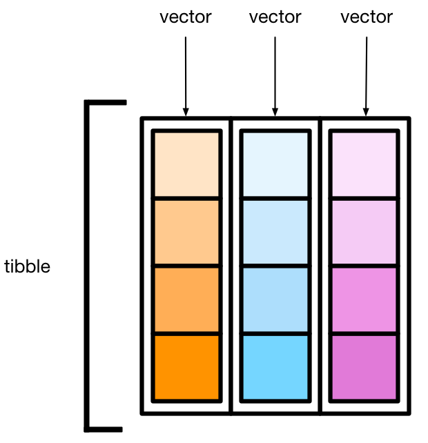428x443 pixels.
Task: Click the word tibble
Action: [x=27, y=266]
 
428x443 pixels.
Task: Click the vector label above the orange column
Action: [x=185, y=17]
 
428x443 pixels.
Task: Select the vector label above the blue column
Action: [x=275, y=17]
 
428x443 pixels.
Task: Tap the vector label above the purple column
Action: [x=366, y=17]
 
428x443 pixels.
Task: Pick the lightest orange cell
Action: [x=186, y=164]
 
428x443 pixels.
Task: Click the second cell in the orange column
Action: [x=186, y=232]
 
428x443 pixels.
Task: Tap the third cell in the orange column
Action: [x=186, y=299]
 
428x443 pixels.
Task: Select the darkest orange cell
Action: [x=186, y=366]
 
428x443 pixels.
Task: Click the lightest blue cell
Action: [x=275, y=164]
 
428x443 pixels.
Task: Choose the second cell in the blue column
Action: [x=275, y=232]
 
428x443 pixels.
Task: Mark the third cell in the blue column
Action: [x=275, y=299]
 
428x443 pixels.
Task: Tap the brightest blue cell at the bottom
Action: [x=275, y=366]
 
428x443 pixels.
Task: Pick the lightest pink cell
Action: [x=364, y=164]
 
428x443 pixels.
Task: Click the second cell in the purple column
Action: [x=364, y=232]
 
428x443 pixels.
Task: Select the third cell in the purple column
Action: [x=364, y=299]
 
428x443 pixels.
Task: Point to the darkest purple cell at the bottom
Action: [x=364, y=366]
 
